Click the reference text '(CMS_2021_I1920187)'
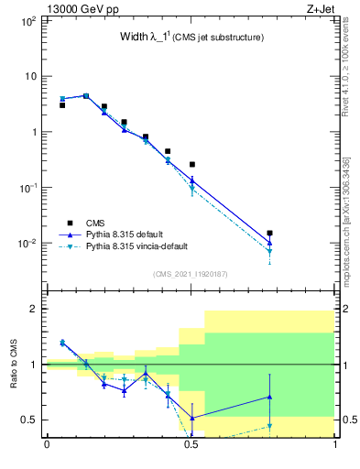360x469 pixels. tap(191, 273)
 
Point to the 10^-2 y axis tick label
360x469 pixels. tap(28, 244)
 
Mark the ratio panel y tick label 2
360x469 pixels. tap(34, 309)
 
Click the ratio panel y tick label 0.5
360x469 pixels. tap(30, 420)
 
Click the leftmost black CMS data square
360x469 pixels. tap(62, 105)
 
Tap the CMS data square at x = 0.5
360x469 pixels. tap(191, 165)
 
